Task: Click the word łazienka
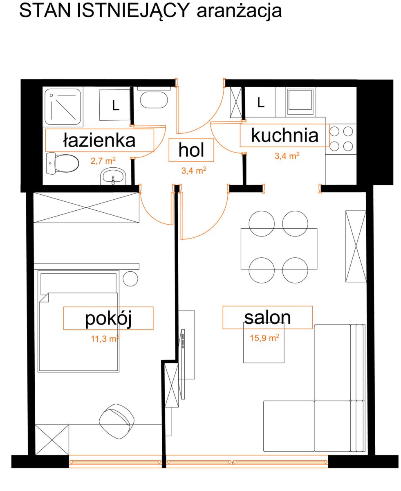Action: [x=99, y=140]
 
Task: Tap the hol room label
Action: [x=191, y=150]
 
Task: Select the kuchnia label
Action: [x=285, y=135]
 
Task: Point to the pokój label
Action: [x=108, y=318]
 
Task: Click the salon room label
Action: [x=267, y=318]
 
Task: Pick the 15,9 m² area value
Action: [x=264, y=338]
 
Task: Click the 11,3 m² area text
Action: [x=105, y=338]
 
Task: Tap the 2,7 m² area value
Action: [x=103, y=161]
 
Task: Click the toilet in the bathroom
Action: [x=62, y=163]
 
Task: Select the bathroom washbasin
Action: [x=113, y=177]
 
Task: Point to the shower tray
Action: [x=63, y=106]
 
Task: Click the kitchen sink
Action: [x=300, y=102]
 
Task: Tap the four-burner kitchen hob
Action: [x=341, y=139]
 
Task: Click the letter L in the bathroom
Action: [x=116, y=106]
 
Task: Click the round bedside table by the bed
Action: [x=130, y=279]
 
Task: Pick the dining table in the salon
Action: [x=279, y=249]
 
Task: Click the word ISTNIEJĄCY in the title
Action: [x=133, y=11]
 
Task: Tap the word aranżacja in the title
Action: [x=240, y=11]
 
